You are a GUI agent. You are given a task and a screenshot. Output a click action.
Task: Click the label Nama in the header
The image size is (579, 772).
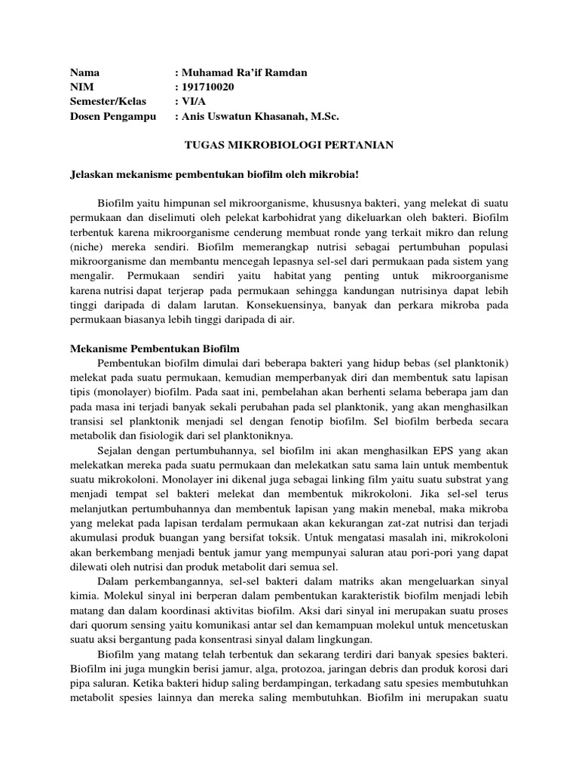pos(84,72)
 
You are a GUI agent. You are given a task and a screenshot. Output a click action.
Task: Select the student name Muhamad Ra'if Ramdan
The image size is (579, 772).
pos(241,72)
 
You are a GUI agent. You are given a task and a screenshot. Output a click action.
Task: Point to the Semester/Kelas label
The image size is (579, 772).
pos(109,101)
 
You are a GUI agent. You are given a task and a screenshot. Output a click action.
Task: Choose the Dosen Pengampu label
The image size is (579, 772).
pos(113,116)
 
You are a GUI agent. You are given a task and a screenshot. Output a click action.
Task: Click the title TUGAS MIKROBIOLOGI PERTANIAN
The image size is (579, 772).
pos(289,145)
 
